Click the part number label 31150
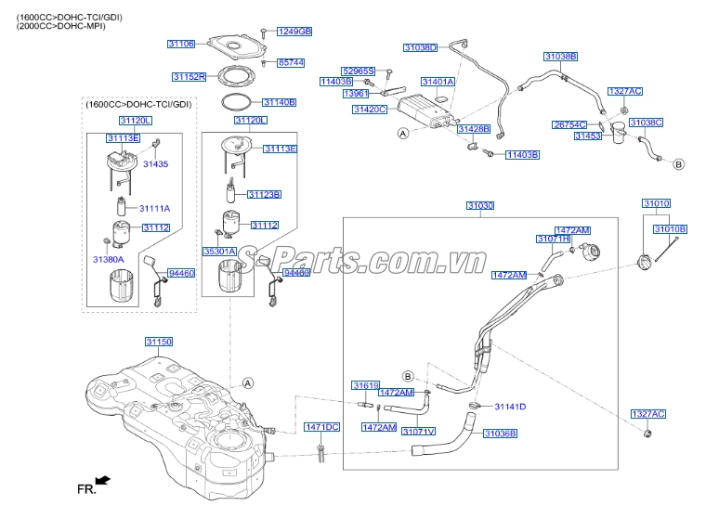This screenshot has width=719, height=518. pos(158,342)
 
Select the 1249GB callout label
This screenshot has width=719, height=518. pos(294,32)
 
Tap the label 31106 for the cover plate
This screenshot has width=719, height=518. pos(181,44)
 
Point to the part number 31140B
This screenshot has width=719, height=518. pos(278,102)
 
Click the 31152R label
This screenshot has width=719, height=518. pos(189,77)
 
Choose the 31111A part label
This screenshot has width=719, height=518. pos(155,209)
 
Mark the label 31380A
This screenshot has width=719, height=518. pos(107,259)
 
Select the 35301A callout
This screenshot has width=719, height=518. pos(220,251)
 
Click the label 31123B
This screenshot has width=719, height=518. pos(264,194)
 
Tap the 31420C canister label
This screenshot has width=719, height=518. pos(369,110)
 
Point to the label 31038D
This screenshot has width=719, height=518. pos(420,46)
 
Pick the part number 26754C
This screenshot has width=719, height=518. pos(569,123)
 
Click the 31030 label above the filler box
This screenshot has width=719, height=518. pos(480,205)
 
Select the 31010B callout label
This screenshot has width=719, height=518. pos(670,228)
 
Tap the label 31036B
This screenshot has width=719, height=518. pos(500,434)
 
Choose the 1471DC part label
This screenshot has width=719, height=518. pos(322,426)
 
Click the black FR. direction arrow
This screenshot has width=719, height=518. pos(103,480)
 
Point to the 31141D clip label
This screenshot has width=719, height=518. pos(510,407)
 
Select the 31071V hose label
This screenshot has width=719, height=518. pos(419,431)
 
